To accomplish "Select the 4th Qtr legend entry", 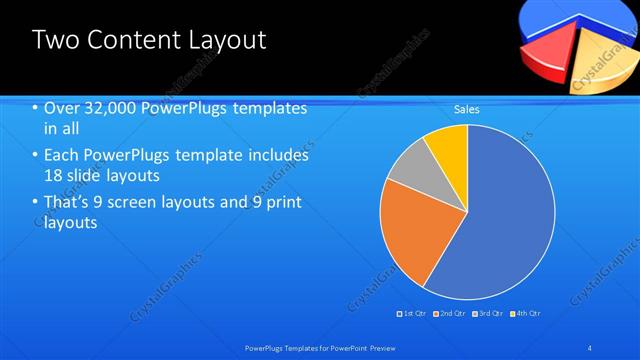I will (526, 313).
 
